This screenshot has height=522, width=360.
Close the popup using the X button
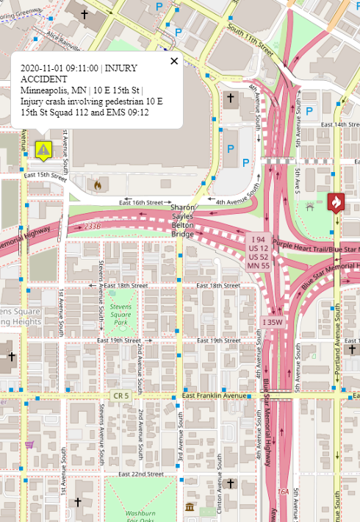(x=174, y=61)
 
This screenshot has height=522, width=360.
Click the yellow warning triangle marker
(x=43, y=151)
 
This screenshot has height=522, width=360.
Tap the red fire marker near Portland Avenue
(x=336, y=201)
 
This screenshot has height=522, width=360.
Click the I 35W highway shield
(x=273, y=321)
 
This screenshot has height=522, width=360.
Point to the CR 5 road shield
(x=120, y=396)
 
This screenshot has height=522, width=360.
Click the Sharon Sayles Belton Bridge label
(x=183, y=221)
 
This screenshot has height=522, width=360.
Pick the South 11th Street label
(x=251, y=40)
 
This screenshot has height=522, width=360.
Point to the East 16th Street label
(x=141, y=202)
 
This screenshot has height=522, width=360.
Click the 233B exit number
(x=92, y=226)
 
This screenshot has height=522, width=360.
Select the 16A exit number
(x=283, y=491)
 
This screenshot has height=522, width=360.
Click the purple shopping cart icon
(x=29, y=444)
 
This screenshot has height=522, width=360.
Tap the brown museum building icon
(x=191, y=507)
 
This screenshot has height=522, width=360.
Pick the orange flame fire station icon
(x=96, y=185)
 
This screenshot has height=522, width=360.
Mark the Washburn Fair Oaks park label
(x=140, y=514)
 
